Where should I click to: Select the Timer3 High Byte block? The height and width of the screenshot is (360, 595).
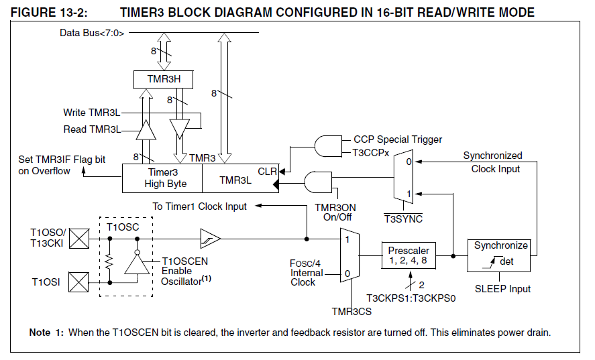[x=162, y=178]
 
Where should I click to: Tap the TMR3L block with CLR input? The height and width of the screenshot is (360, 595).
[x=239, y=178]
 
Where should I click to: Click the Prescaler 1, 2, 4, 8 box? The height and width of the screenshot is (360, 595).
[x=409, y=255]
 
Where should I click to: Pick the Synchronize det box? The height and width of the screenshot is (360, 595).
[x=501, y=255]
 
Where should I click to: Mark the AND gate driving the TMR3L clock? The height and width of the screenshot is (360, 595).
[x=316, y=183]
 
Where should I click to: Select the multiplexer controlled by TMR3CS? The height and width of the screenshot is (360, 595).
[x=351, y=255]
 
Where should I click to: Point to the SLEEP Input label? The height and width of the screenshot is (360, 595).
[x=502, y=289]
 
